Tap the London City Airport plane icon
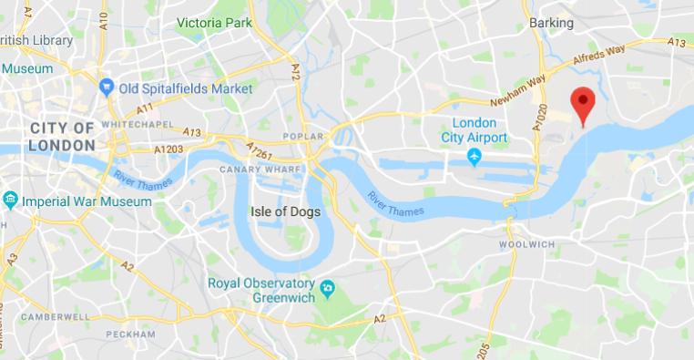[474, 159]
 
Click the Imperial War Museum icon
[10, 200]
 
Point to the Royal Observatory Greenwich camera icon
[329, 289]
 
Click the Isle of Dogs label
[282, 211]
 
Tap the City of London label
[62, 136]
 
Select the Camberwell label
[56, 316]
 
